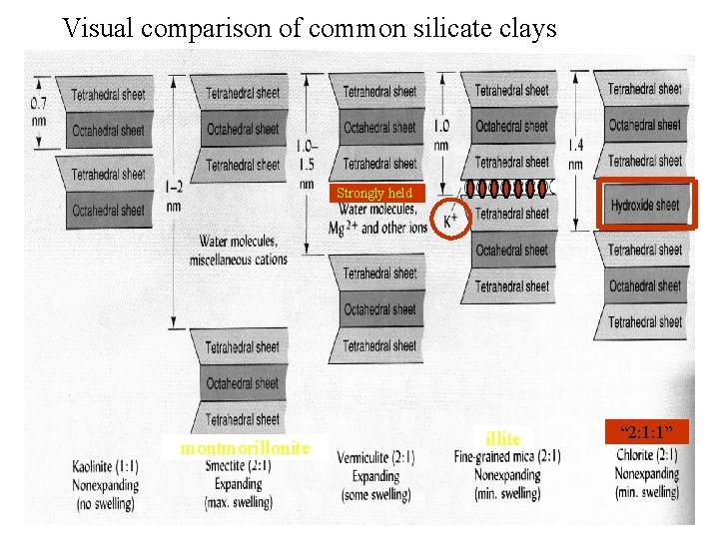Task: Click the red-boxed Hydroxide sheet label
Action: coord(645,205)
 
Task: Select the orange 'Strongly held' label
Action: coord(373,193)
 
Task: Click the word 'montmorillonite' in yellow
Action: coord(245,448)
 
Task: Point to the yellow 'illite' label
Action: coord(502,439)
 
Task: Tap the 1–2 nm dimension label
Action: coord(173,196)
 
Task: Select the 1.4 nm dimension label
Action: coord(576,155)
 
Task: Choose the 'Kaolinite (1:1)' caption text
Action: coord(106,467)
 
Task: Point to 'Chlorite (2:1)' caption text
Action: coord(647,456)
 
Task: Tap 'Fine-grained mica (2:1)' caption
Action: coord(507,457)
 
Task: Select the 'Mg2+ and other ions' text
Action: coord(377,228)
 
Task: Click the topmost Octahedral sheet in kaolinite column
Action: coord(108,131)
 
